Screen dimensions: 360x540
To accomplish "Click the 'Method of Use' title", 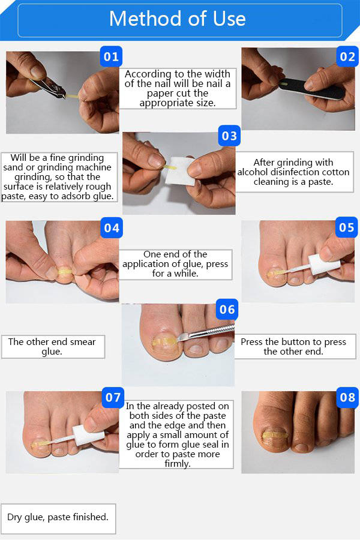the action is [177, 19].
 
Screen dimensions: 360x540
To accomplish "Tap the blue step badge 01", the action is [111, 56].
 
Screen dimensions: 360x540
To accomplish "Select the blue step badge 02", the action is [347, 56].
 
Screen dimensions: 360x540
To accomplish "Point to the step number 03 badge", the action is [229, 136].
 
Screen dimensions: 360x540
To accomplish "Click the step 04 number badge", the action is [112, 227].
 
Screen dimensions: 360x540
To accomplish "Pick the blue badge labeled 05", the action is [347, 227].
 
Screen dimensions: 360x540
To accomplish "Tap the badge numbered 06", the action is [227, 309].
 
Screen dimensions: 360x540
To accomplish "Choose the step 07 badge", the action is [113, 397].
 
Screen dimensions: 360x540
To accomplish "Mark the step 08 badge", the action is [347, 397].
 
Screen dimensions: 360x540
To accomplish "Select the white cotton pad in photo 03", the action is [180, 170].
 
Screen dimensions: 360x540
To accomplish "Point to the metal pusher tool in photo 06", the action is [205, 333].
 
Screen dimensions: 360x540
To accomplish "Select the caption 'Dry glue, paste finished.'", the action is [58, 517].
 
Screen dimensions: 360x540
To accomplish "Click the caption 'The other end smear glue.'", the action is [52, 346].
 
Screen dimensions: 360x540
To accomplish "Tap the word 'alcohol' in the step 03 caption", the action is [254, 172].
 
